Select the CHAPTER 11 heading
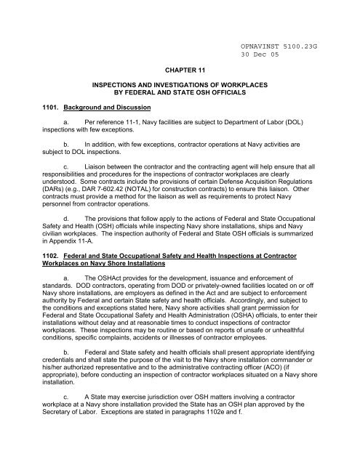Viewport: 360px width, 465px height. (180, 73)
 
